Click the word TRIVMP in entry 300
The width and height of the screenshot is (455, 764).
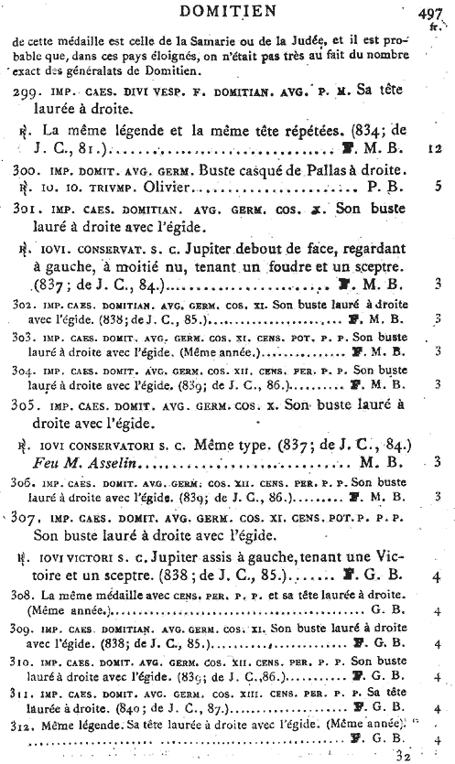[107, 188]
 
